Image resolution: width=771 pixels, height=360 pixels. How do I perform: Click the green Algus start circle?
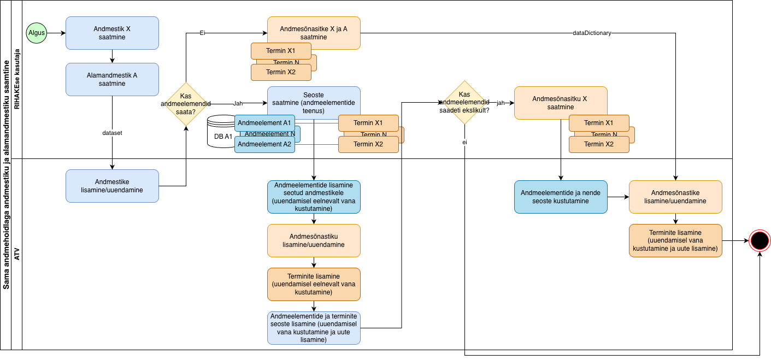point(37,33)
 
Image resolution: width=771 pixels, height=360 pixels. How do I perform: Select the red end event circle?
point(759,240)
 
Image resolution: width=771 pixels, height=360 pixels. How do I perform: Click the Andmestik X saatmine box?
point(112,33)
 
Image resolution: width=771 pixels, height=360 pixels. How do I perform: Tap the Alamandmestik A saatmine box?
point(112,79)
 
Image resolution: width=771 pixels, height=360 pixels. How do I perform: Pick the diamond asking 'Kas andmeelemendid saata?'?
point(186,104)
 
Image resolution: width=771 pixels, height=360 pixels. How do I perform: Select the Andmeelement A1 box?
point(265,122)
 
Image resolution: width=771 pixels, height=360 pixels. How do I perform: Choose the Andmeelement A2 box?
point(265,144)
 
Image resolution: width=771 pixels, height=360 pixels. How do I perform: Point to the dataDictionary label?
point(592,33)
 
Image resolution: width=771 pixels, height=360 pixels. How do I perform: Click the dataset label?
point(112,133)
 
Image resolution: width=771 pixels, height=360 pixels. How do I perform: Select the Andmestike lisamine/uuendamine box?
point(112,186)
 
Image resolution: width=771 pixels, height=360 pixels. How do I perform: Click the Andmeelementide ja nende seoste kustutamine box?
point(561,197)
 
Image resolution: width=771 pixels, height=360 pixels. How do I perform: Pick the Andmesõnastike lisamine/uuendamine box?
point(675,197)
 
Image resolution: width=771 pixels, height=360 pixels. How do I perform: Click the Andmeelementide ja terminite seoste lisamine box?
point(314,328)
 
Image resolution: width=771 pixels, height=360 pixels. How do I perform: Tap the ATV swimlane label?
point(16,254)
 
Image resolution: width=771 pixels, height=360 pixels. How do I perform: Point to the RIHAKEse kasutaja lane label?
point(16,79)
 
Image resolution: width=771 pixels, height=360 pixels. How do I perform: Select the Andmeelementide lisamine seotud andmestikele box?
point(314,197)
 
